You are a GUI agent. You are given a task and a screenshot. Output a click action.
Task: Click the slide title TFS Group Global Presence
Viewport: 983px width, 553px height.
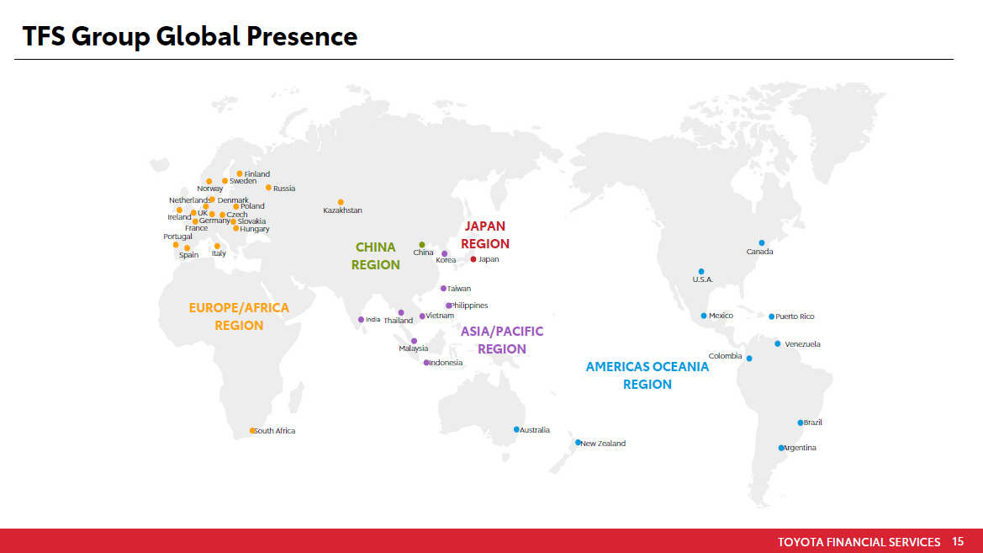point(190,36)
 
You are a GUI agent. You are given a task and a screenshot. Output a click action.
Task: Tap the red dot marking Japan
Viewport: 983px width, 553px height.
point(473,259)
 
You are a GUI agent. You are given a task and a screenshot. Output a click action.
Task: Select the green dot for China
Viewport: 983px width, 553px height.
point(422,245)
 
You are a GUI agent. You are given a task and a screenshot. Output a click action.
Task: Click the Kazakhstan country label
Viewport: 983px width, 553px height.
point(342,210)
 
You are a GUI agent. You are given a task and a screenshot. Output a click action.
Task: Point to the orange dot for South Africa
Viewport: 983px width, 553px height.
point(252,431)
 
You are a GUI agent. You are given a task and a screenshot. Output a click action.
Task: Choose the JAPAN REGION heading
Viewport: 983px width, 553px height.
point(485,235)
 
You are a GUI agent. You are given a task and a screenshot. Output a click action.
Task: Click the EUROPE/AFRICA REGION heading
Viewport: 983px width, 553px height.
point(239,316)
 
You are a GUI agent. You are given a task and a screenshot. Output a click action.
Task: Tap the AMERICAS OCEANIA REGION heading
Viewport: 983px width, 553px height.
point(647,375)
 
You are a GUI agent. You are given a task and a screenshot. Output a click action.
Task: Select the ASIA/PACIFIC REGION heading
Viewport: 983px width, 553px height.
point(501,340)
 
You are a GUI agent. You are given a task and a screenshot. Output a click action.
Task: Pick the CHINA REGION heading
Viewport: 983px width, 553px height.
point(376,256)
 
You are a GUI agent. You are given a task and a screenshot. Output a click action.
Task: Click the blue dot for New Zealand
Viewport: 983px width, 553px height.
point(578,443)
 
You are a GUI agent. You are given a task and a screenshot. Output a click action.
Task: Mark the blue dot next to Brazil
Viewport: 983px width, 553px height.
point(800,423)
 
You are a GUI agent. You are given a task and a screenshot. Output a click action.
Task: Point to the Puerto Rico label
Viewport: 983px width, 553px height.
point(795,316)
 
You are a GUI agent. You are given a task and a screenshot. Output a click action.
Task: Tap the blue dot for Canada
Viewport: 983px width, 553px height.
point(762,243)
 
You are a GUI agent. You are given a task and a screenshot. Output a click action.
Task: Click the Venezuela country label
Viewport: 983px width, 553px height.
point(802,344)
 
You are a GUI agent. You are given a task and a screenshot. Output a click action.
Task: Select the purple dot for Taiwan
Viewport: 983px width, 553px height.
point(443,289)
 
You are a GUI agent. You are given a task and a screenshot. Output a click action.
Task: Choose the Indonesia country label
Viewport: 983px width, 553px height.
point(446,363)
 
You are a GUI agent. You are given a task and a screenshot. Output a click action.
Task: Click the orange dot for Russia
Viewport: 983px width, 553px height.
point(268,188)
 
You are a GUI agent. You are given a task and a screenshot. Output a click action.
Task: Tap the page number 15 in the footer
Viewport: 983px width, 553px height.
point(958,541)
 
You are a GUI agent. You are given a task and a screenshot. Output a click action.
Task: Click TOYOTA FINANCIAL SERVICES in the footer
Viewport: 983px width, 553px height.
point(859,542)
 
